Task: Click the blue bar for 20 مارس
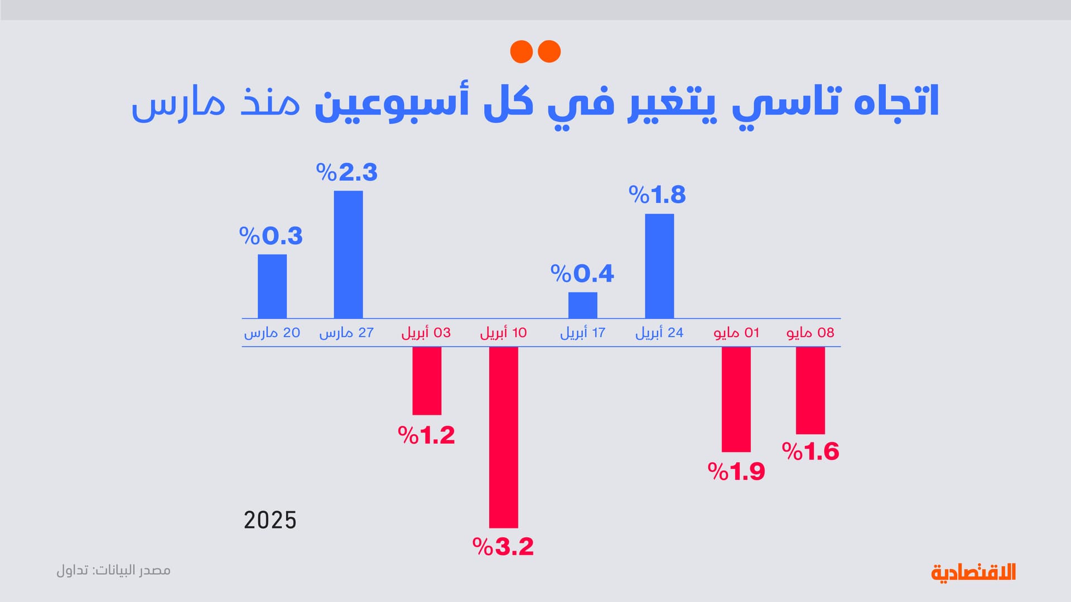click(272, 286)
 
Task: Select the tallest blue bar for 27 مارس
click(348, 254)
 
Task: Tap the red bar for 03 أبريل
click(427, 381)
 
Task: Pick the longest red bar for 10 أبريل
click(503, 437)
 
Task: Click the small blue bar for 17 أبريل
click(582, 305)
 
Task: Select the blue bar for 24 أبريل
click(659, 266)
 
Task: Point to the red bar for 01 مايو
click(736, 399)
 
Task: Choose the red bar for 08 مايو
click(810, 390)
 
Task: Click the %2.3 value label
click(347, 172)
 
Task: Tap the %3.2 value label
click(503, 546)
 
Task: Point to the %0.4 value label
click(582, 274)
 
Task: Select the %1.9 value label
click(736, 472)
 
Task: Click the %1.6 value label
click(811, 452)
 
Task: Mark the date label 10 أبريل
click(503, 333)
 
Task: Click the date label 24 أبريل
click(659, 333)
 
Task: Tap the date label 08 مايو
click(811, 333)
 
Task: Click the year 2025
click(270, 520)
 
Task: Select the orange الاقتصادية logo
click(973, 572)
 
